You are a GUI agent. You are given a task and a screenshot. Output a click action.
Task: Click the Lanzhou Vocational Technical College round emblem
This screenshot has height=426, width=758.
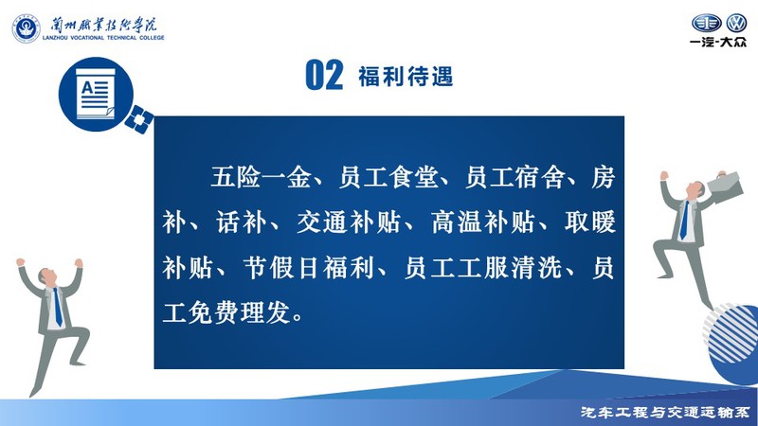click(27, 28)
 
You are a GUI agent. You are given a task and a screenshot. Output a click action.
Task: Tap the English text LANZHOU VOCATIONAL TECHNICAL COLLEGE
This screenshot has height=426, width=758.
click(103, 38)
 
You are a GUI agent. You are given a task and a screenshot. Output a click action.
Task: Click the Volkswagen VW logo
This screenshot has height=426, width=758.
click(737, 23)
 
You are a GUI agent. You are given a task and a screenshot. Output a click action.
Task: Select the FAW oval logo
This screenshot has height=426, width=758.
click(706, 23)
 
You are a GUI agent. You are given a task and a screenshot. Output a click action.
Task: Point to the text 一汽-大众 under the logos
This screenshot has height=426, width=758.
click(718, 42)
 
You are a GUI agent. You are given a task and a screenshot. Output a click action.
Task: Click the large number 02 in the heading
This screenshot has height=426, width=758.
click(324, 76)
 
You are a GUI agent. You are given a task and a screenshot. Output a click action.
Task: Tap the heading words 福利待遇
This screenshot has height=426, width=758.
click(406, 77)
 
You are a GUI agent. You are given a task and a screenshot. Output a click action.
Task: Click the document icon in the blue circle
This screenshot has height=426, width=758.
click(96, 94)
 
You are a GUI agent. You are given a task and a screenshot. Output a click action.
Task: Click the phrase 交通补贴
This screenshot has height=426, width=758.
click(349, 222)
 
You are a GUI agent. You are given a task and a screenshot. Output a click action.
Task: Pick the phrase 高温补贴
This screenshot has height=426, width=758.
click(483, 222)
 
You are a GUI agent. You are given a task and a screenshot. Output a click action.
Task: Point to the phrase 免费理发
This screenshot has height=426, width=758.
click(240, 312)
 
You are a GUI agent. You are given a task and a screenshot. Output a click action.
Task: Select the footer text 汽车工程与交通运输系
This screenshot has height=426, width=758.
click(666, 412)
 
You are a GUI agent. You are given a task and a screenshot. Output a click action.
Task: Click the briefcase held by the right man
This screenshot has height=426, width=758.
click(725, 186)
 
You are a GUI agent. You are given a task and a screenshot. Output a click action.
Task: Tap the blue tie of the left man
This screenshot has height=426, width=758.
click(58, 307)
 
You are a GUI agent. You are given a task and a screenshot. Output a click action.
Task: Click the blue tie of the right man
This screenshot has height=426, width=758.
click(684, 221)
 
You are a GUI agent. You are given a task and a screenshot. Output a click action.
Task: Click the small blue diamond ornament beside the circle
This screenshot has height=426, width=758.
click(139, 119)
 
